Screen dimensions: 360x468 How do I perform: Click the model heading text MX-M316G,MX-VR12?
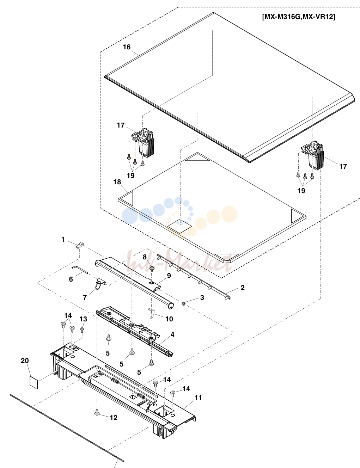(299, 17)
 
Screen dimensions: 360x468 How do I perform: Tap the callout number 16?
(127, 47)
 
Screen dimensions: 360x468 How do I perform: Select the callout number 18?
(117, 182)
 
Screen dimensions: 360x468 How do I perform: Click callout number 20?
(25, 361)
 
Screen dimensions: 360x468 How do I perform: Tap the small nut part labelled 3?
(184, 303)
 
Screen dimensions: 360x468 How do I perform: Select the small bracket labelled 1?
(80, 245)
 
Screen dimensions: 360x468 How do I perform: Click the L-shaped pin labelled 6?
(79, 270)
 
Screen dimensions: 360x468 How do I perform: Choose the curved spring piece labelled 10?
(152, 313)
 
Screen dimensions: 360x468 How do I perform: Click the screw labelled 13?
(82, 330)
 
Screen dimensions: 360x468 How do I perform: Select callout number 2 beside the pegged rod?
(243, 288)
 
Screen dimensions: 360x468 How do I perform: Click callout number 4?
(172, 334)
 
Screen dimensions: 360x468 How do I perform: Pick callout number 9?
(169, 276)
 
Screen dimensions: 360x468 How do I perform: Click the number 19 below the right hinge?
(301, 191)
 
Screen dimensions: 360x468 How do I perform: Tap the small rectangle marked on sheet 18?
(180, 226)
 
